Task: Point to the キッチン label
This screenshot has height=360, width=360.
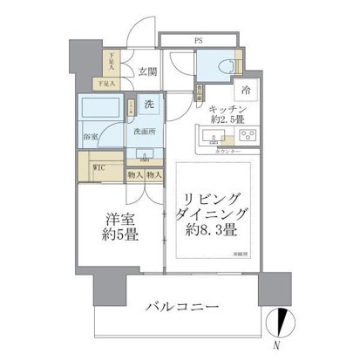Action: tap(226, 107)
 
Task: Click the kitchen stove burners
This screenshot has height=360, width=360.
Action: tap(248, 136)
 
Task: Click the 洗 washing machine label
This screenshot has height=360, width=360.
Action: tap(150, 105)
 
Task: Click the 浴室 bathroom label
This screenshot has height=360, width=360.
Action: tap(90, 136)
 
